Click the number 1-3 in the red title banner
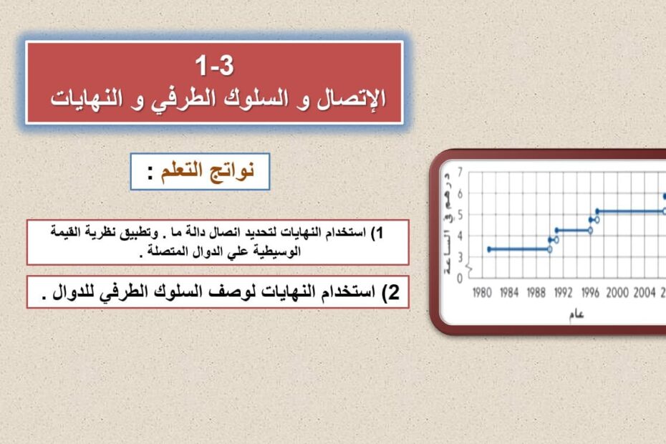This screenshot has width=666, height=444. click(x=215, y=66)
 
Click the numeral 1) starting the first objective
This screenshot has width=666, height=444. click(x=377, y=233)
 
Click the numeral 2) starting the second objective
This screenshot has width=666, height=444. click(x=391, y=292)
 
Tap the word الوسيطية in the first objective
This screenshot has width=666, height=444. click(x=277, y=251)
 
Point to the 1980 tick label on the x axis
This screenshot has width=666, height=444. click(x=482, y=293)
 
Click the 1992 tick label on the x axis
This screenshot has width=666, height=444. click(x=563, y=293)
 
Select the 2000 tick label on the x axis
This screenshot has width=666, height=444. click(x=617, y=293)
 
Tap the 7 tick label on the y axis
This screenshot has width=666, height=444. click(x=460, y=172)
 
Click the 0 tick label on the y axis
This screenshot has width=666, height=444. click(x=460, y=279)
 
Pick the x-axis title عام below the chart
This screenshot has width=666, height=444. click(x=576, y=314)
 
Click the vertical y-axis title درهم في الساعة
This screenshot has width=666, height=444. click(x=448, y=223)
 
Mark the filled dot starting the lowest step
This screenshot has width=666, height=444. click(x=489, y=249)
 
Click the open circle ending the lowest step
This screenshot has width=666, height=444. click(x=550, y=250)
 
